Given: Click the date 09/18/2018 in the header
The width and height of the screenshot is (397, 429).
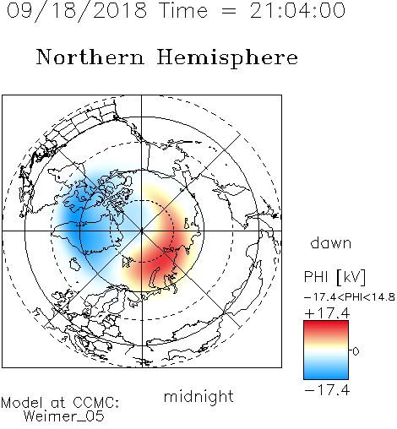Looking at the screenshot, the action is pos(77,10).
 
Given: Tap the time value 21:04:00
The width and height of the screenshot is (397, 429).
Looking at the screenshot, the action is pos(297,10).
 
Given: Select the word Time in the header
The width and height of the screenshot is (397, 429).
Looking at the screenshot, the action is pos(183,10).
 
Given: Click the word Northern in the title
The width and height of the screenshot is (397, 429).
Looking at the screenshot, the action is pos(90,57).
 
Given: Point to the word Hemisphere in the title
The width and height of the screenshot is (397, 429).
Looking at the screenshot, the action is pos(227,58).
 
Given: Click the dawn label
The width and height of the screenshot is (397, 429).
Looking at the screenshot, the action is pos(331,242).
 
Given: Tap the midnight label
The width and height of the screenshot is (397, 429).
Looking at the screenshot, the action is pos(198,397).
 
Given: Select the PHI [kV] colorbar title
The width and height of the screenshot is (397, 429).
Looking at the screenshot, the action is pos(334,277).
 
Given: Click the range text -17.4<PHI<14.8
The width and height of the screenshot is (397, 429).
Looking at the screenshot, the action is pos(350,297).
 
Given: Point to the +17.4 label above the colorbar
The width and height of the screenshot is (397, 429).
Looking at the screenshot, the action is pos(327,313).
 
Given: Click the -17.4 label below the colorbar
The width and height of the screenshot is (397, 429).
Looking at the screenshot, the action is pos(327,390).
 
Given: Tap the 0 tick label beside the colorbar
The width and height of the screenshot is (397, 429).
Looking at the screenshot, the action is pos(356,351).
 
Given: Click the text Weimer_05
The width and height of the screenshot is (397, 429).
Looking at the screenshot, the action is pos(64,416).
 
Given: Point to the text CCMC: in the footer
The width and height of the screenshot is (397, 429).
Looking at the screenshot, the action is pos(96,402).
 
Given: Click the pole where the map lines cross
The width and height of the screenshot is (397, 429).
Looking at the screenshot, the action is pos(142,231).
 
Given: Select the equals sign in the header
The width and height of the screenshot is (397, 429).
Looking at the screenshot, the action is pos(229,11).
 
